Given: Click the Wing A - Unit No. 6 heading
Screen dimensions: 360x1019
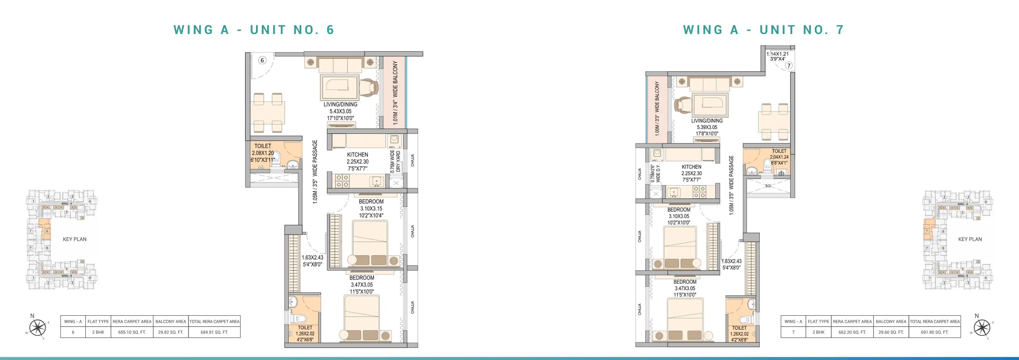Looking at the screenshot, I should tap(254, 30).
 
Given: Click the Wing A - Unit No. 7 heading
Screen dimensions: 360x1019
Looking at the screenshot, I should tap(763, 30).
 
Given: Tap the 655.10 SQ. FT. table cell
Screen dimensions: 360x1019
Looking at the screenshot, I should tap(132, 332).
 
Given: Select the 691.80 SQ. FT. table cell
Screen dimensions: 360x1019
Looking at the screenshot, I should tap(934, 332).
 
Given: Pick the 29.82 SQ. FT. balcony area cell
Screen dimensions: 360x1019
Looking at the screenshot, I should tap(170, 332).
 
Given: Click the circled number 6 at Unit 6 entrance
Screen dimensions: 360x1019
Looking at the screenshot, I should tap(262, 60).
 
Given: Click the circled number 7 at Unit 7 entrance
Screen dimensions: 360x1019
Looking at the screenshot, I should tap(789, 65).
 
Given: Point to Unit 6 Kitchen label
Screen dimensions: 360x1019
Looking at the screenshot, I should tap(357, 155).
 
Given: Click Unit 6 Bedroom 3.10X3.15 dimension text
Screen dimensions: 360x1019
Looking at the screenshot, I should tap(371, 209).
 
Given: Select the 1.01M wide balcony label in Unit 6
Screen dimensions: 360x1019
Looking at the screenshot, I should tap(395, 93).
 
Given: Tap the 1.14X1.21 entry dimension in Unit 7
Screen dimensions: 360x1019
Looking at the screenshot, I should tap(777, 54).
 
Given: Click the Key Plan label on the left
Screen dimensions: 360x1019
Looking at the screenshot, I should tap(74, 239).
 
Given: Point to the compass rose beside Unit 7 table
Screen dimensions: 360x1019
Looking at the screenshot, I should tap(982, 327).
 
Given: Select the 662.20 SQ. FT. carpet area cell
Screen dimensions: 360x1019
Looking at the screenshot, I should tap(852, 332).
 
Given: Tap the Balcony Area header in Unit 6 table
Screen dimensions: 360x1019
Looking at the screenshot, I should tap(170, 321).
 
